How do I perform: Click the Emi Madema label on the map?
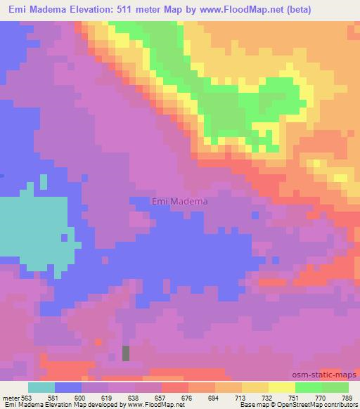180,202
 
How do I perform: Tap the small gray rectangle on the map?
126,353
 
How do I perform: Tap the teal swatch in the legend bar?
41,387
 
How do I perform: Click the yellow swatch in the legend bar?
281,387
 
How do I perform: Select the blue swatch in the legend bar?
68,387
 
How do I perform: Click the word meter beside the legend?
9,397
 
